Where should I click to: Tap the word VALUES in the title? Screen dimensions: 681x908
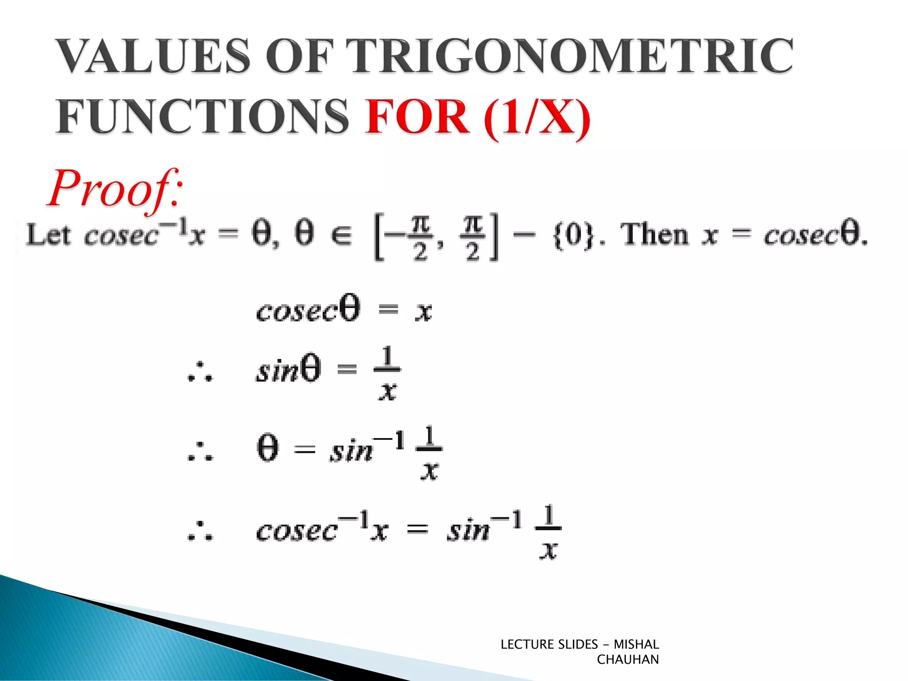[153, 56]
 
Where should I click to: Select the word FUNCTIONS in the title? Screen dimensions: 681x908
[202, 116]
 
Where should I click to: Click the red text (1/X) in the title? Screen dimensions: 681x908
[537, 117]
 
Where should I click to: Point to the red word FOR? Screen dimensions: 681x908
[417, 116]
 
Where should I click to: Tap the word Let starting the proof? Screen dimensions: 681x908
[48, 235]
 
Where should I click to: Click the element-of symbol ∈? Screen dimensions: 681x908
[341, 235]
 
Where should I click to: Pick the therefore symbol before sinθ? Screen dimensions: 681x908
[200, 372]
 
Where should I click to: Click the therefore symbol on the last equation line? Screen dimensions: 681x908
[200, 531]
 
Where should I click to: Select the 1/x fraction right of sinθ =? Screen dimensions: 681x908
[387, 373]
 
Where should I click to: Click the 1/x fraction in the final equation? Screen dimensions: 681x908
[548, 532]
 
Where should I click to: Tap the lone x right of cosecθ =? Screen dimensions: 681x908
[423, 311]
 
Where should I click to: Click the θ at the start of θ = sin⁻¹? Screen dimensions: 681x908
[268, 449]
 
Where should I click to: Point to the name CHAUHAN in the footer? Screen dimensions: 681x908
[627, 660]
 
